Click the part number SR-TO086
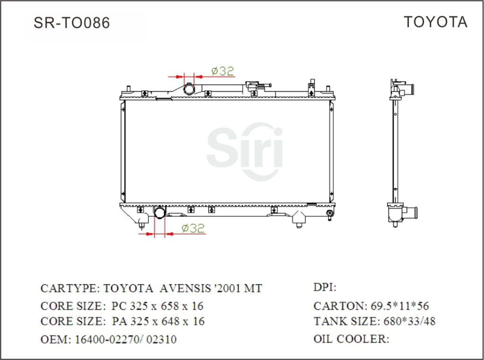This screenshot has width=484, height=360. tap(71, 23)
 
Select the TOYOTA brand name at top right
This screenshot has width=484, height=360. tap(435, 22)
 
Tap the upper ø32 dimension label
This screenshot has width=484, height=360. tap(223, 71)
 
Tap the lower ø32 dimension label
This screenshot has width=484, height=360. tap(193, 228)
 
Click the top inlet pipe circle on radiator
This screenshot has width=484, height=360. tap(189, 88)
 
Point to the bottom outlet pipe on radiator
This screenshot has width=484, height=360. tap(160, 212)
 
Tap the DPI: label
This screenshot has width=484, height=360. tap(325, 288)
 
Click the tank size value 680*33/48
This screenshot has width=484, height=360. tap(408, 322)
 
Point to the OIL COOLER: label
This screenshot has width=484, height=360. tap(351, 339)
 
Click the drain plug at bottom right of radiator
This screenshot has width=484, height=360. tap(329, 216)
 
